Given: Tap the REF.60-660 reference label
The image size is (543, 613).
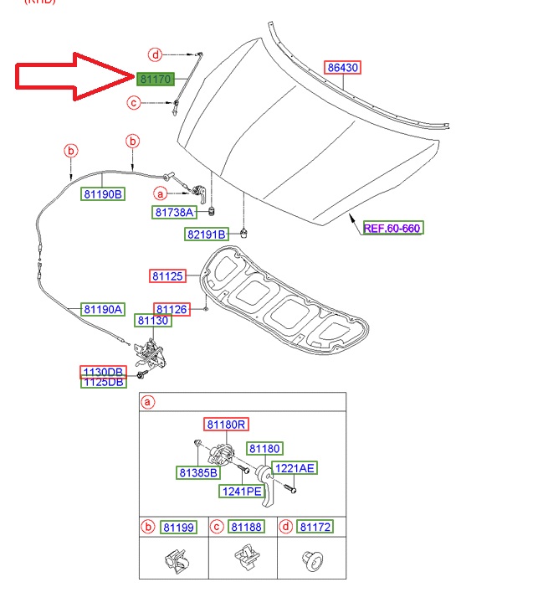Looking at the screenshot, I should pos(392,228).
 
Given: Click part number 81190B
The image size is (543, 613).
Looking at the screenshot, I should pos(103,194).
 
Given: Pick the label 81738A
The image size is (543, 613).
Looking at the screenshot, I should pos(173,213).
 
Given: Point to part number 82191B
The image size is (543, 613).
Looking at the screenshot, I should pos(207,234).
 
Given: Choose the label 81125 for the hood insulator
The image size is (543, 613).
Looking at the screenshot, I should pos(168,276).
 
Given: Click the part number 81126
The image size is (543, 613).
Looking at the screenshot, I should pos(172,309).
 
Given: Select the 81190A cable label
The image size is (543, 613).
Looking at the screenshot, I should pos(103,309).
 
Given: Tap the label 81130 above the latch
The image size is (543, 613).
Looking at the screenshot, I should pos(153,321).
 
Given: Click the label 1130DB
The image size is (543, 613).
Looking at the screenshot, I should pos(102,371).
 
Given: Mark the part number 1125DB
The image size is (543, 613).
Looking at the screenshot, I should pos(102,382).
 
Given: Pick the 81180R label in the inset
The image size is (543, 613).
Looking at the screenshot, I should pos(226,425).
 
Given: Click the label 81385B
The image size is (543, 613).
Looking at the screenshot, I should pos(198,473).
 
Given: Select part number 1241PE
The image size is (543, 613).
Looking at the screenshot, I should pos(241,491).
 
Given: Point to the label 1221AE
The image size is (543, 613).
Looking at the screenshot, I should pos(295,468).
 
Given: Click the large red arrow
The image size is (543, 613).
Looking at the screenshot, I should pos(71,76).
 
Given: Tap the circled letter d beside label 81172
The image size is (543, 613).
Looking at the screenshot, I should pos(285,527).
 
